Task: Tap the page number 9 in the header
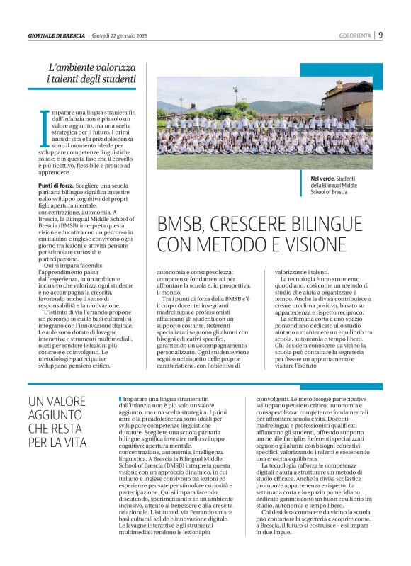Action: pyautogui.click(x=381, y=35)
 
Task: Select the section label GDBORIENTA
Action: pyautogui.click(x=356, y=35)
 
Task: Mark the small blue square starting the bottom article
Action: pyautogui.click(x=120, y=400)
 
